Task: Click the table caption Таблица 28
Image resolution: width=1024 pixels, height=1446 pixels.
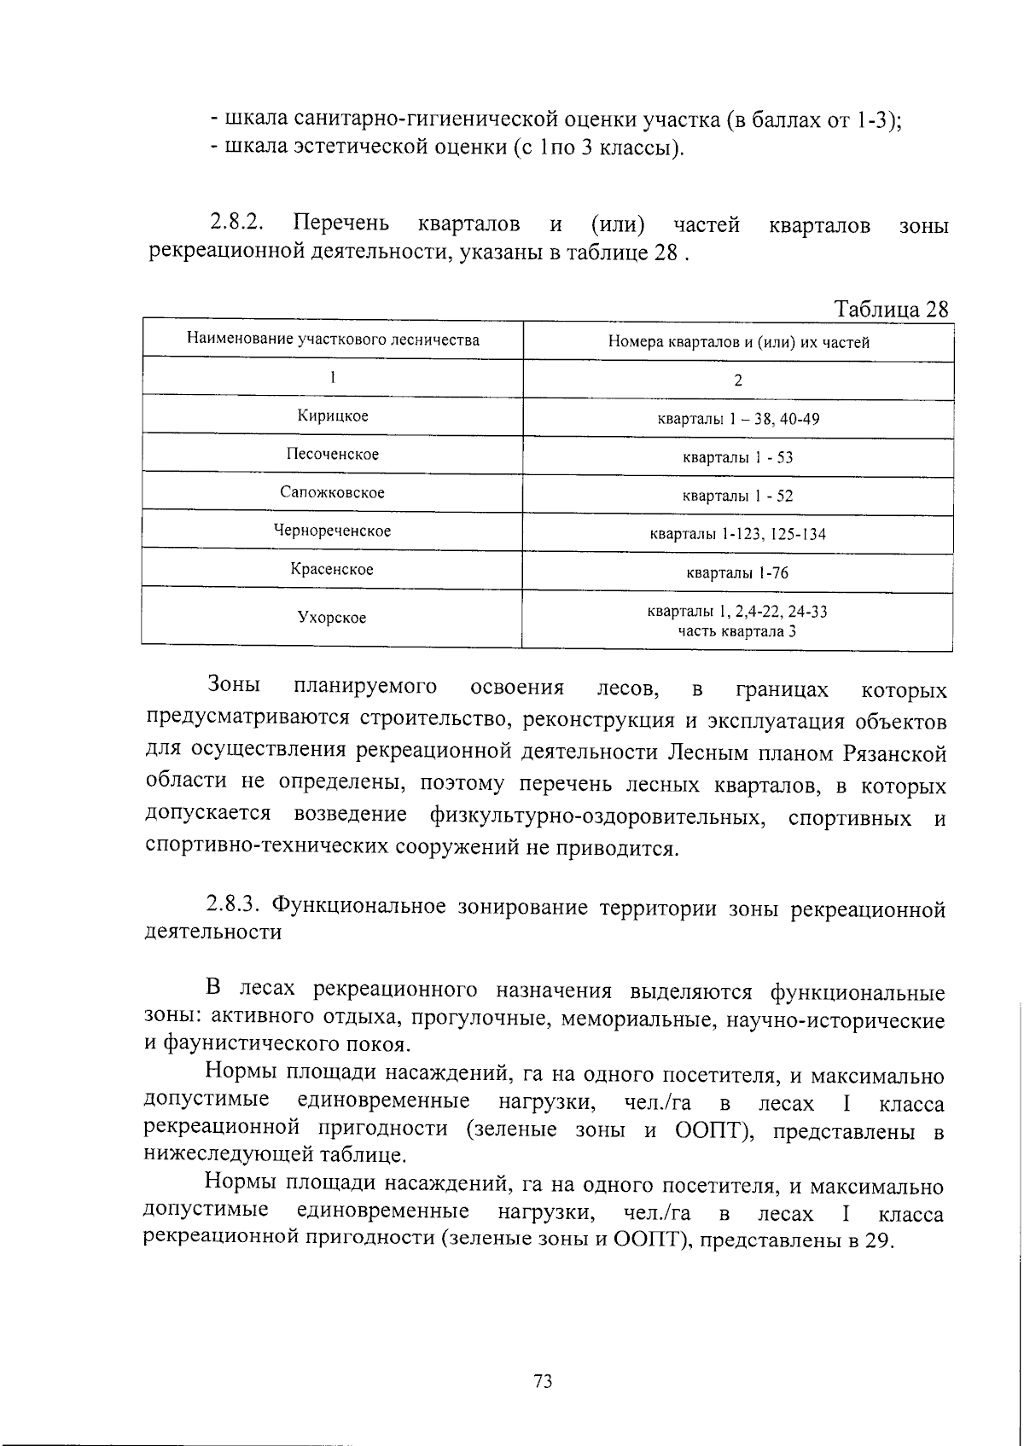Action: pyautogui.click(x=891, y=308)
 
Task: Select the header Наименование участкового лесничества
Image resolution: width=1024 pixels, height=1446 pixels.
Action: pyautogui.click(x=333, y=340)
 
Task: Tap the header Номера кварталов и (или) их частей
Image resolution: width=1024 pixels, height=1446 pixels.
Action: pyautogui.click(x=738, y=343)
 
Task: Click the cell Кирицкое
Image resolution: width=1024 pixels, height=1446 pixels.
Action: pyautogui.click(x=333, y=415)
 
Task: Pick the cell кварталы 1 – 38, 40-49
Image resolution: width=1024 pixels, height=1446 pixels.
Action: pyautogui.click(x=738, y=419)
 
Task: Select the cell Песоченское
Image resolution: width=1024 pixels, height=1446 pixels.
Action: pyautogui.click(x=333, y=454)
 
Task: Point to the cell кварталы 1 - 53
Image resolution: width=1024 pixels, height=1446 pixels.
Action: pyautogui.click(x=738, y=457)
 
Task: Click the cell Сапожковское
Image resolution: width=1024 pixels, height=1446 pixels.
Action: pyautogui.click(x=333, y=492)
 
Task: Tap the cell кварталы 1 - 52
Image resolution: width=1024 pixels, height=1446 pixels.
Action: pyautogui.click(x=738, y=496)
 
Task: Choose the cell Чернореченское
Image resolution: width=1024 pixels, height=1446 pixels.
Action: pyautogui.click(x=333, y=531)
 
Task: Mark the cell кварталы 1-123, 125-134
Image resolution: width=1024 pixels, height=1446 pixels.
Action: pyautogui.click(x=738, y=535)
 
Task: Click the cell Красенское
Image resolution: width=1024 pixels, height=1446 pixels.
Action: pyautogui.click(x=333, y=569)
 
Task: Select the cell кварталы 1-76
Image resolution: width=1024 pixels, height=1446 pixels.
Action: pyautogui.click(x=738, y=573)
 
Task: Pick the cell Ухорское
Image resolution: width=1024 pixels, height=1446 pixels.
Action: pyautogui.click(x=333, y=617)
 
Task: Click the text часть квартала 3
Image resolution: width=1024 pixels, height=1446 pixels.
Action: pyautogui.click(x=738, y=631)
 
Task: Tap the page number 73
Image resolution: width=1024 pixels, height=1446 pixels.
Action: pyautogui.click(x=543, y=1380)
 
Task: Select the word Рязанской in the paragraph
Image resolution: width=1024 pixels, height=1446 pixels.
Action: pyautogui.click(x=895, y=753)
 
